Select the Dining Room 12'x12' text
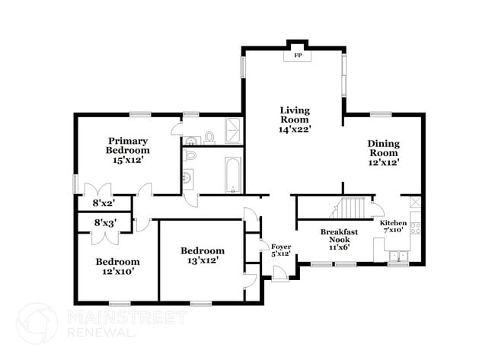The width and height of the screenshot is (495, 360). [384, 152]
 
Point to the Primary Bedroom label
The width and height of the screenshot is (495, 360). [127, 150]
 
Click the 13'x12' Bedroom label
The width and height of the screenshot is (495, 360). [202, 256]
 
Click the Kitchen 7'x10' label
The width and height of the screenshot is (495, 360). [394, 225]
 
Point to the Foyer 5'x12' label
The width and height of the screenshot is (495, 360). [281, 250]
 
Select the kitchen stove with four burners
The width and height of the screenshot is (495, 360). [415, 226]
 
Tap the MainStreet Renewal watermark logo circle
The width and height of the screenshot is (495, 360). [37, 323]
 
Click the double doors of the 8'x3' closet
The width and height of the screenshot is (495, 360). [103, 237]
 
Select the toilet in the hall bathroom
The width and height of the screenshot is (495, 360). [190, 155]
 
